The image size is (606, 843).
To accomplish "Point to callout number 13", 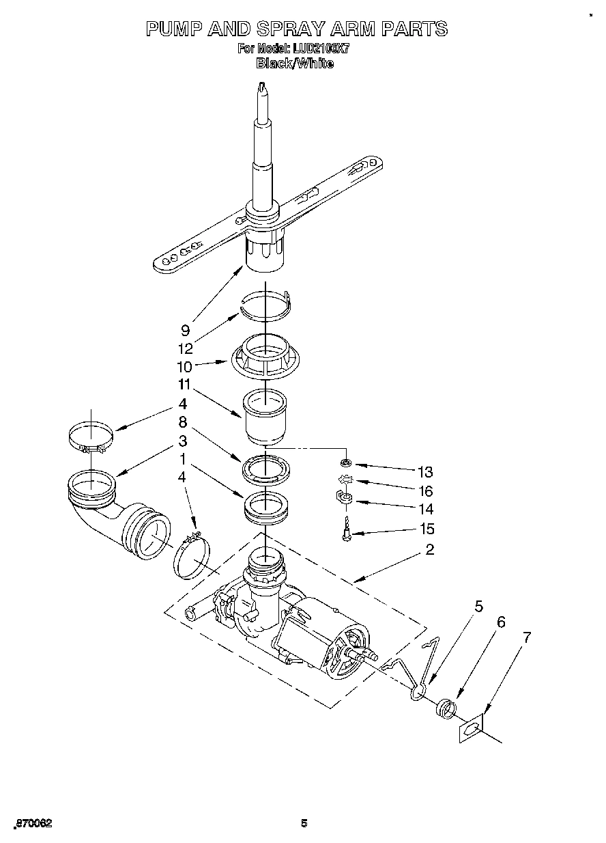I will pos(425,471).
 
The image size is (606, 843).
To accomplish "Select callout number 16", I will pos(425,490).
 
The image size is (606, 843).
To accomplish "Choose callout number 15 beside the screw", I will pos(425,529).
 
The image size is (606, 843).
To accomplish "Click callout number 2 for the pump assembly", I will pos(430,550).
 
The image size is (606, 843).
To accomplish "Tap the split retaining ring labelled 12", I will pos(267,305).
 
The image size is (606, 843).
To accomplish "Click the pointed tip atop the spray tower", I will pos(261,87).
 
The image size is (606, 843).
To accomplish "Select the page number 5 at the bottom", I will pos(304,823).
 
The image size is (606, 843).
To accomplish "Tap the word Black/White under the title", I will pos(295,64).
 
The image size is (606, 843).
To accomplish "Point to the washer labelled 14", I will pos(345,498).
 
